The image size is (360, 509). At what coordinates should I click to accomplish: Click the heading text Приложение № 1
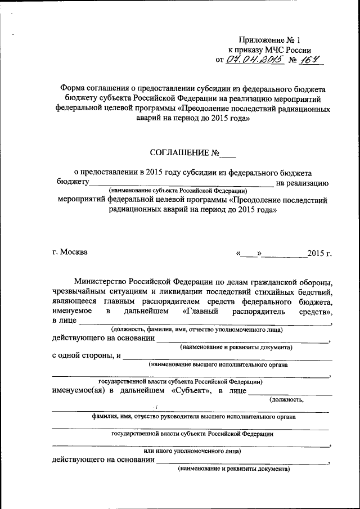tap(269, 40)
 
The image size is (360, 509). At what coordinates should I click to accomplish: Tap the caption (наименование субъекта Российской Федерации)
tap(178, 191)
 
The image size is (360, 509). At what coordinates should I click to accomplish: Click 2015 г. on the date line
tap(319, 253)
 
